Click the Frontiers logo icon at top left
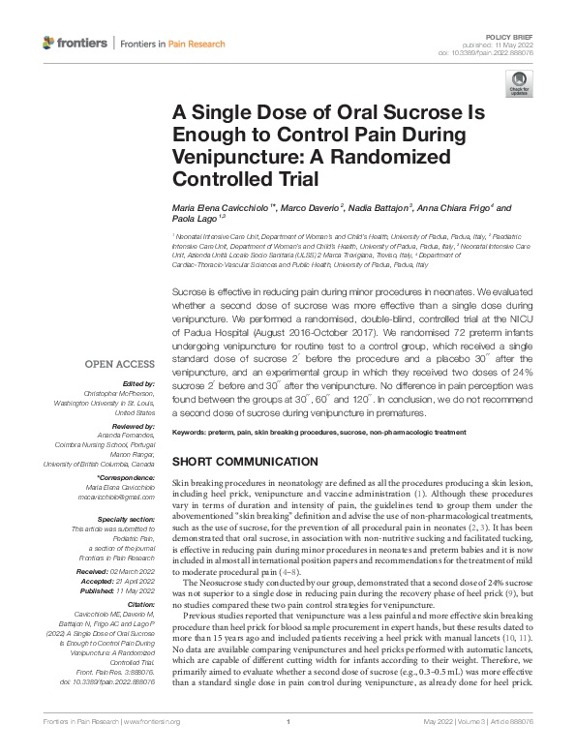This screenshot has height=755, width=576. [49, 44]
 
